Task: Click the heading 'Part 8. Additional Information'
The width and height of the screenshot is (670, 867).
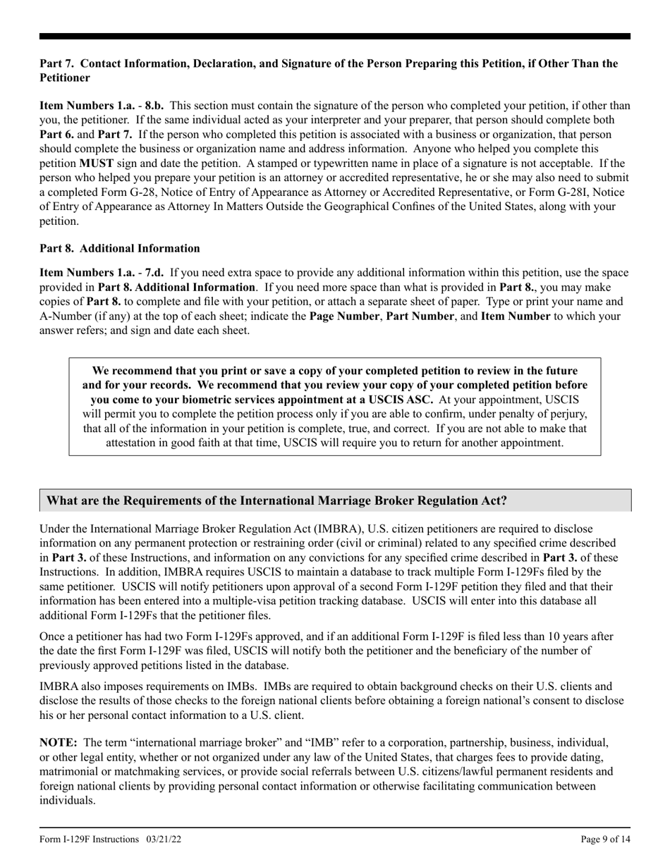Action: (x=119, y=248)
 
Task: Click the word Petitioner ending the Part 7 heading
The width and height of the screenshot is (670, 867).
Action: (x=64, y=78)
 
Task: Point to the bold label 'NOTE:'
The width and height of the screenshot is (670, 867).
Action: (x=57, y=743)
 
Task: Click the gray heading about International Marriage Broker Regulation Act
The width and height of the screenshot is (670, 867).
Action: (x=276, y=500)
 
